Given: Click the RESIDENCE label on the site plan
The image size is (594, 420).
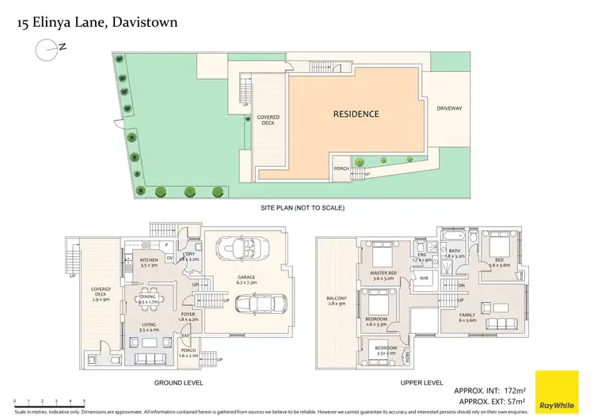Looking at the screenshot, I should point(355,114).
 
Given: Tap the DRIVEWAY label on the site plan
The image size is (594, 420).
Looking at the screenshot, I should point(449,108).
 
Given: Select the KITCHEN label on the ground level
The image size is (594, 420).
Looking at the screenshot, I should point(150,260).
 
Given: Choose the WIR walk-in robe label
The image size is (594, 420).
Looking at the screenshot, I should point(424,279).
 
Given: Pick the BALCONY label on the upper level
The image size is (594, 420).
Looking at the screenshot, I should point(337,299).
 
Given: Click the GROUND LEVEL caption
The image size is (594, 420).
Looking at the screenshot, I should point(178,382).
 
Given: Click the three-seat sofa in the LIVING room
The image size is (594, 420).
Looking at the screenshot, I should point(148,342).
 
